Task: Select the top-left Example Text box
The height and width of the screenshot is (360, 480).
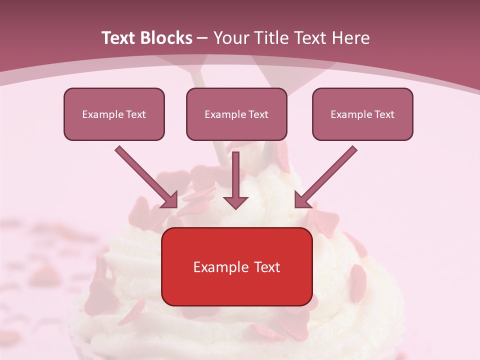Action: (x=114, y=114)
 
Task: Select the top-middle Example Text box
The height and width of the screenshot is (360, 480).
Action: (x=236, y=114)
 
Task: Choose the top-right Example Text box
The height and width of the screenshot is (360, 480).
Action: (x=362, y=114)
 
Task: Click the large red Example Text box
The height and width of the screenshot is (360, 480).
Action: (x=237, y=266)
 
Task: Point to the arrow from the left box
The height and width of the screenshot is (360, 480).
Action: (x=145, y=175)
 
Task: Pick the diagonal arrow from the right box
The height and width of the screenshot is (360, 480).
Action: (x=327, y=175)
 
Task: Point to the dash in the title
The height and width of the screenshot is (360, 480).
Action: (x=202, y=38)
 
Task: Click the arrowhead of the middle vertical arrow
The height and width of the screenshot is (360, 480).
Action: (x=236, y=201)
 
